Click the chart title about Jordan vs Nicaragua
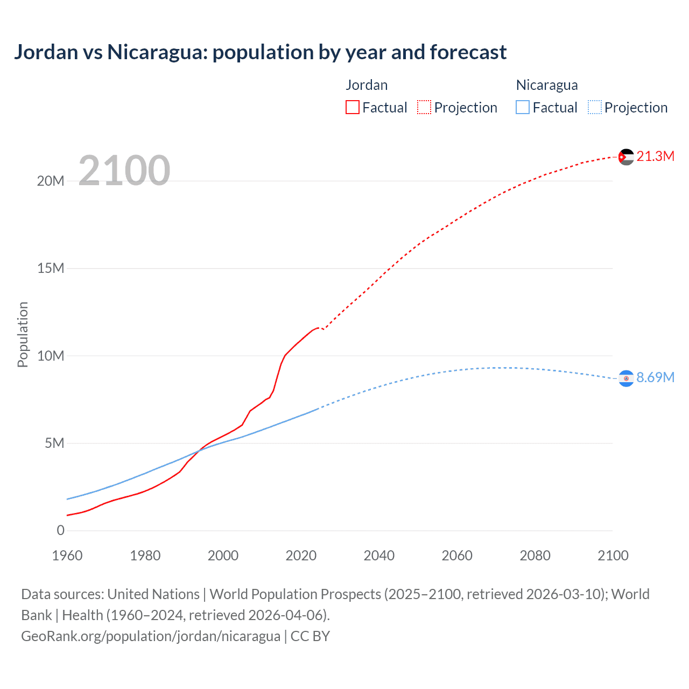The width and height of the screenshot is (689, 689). pyautogui.click(x=260, y=52)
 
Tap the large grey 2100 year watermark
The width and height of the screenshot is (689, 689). pyautogui.click(x=124, y=171)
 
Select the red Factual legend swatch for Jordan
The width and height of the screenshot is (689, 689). pyautogui.click(x=353, y=107)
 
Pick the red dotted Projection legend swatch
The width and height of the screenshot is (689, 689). pyautogui.click(x=424, y=107)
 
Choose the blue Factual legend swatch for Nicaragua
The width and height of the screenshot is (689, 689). pyautogui.click(x=523, y=107)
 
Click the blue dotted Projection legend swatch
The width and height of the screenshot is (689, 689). pyautogui.click(x=595, y=107)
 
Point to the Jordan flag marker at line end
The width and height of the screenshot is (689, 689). pyautogui.click(x=626, y=157)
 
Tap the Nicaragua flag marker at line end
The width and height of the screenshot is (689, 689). pyautogui.click(x=626, y=378)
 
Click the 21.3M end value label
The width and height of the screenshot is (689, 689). pyautogui.click(x=655, y=157)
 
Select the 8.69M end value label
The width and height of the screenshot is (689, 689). pyautogui.click(x=655, y=378)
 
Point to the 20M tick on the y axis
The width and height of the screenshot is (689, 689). pyautogui.click(x=51, y=181)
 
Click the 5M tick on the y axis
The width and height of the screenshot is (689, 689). pyautogui.click(x=54, y=443)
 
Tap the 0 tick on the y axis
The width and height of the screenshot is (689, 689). pyautogui.click(x=60, y=530)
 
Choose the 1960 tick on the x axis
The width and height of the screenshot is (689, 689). pyautogui.click(x=67, y=556)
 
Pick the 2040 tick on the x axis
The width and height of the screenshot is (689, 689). pyautogui.click(x=379, y=556)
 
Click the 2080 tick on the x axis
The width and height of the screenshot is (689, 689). pyautogui.click(x=535, y=556)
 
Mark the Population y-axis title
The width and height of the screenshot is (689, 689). pyautogui.click(x=23, y=334)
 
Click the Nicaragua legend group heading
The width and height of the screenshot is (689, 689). pyautogui.click(x=547, y=85)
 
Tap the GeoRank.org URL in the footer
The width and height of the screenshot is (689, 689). pyautogui.click(x=151, y=636)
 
